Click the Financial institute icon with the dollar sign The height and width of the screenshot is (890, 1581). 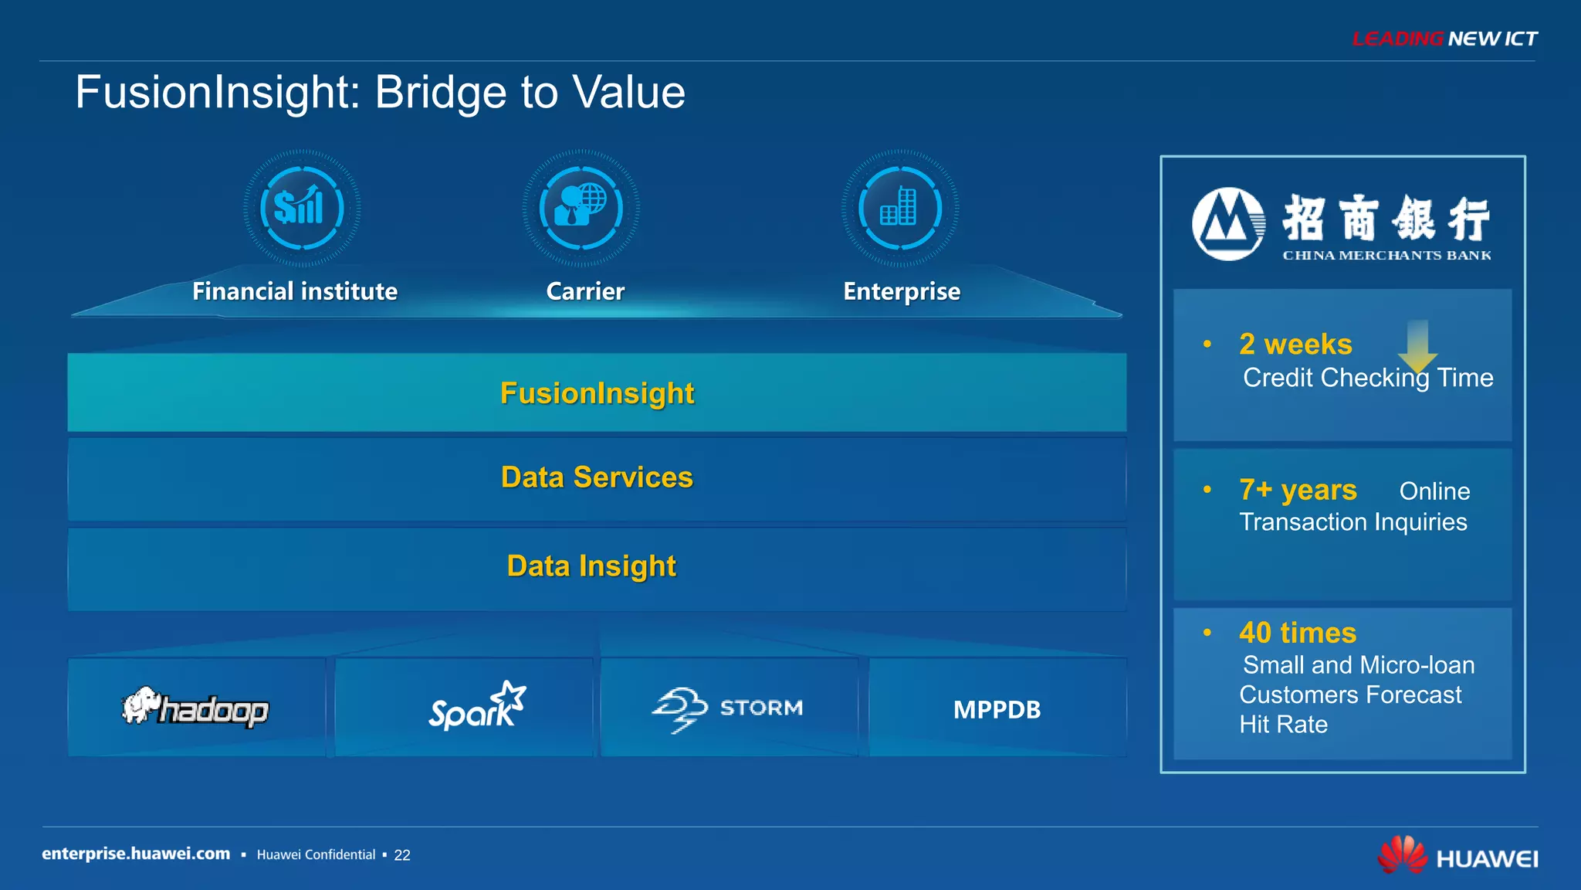click(302, 208)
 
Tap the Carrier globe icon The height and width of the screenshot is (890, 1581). click(581, 208)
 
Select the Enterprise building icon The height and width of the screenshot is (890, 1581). click(899, 208)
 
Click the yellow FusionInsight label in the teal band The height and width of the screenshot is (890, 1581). click(597, 393)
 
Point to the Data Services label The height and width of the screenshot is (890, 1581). click(597, 477)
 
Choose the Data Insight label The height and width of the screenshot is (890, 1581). click(591, 566)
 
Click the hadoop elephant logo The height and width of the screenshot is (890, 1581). click(142, 705)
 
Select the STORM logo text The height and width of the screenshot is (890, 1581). click(760, 708)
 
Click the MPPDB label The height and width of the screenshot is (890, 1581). click(997, 709)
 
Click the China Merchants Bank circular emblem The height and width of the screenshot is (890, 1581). click(1228, 224)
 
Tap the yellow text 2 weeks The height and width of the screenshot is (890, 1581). click(1295, 345)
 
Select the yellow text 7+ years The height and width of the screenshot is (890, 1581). click(1298, 490)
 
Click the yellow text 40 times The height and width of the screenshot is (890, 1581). click(1297, 633)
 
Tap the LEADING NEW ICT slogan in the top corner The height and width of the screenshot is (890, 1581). click(1444, 39)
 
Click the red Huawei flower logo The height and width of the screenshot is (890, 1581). click(1402, 854)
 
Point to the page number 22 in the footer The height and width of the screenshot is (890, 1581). click(402, 855)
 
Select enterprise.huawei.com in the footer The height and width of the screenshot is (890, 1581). click(136, 854)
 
